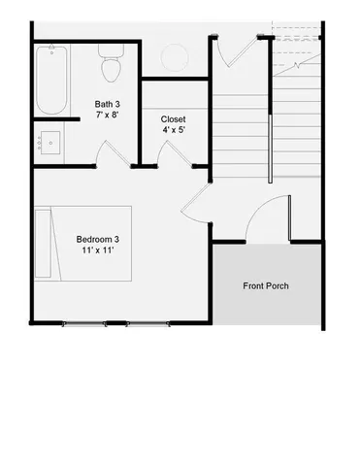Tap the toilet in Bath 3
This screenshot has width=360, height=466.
point(110,67)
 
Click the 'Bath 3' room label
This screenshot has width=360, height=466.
point(108,104)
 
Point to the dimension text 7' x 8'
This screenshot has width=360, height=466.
point(108,116)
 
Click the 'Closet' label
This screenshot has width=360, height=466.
point(175,119)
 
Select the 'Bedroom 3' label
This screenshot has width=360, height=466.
point(97,240)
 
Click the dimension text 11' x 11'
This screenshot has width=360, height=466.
point(97,251)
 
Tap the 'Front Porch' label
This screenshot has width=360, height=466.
point(266,285)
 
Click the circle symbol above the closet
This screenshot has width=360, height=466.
point(175,56)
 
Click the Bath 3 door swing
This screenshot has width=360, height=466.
point(113,155)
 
